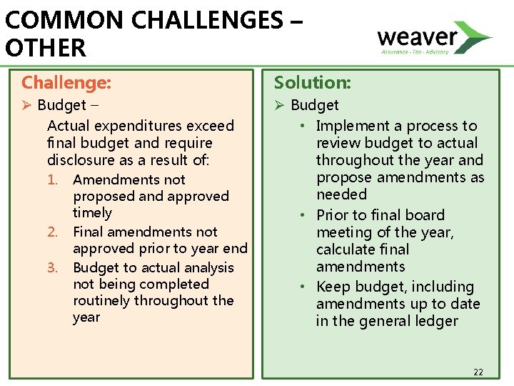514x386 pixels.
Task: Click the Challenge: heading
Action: (66, 83)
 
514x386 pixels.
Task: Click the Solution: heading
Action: (313, 83)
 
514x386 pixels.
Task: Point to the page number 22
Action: (478, 372)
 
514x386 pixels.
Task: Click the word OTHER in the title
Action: (45, 49)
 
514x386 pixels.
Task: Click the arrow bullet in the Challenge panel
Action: (27, 106)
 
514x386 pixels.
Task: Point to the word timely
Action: (92, 213)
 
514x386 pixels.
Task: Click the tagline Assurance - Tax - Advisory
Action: (415, 51)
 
